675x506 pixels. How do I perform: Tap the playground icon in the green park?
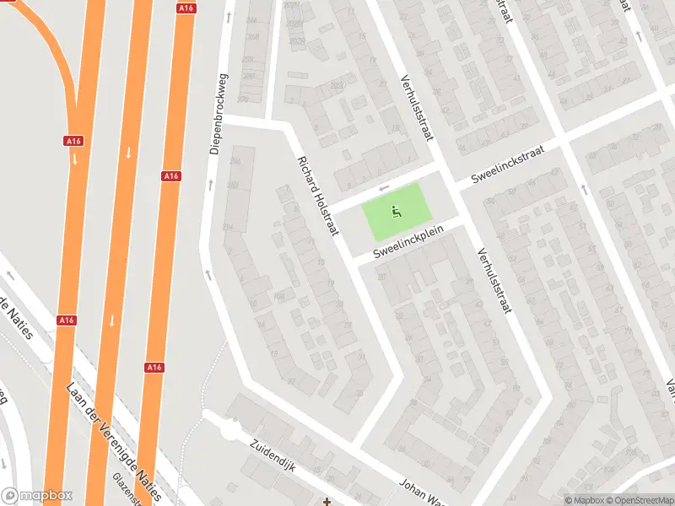tap(395, 212)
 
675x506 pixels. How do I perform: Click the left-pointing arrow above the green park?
tap(384, 188)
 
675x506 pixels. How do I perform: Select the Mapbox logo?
tap(37, 496)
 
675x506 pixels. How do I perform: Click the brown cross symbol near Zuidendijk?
tap(327, 502)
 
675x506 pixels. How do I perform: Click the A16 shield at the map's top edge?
tap(186, 8)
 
